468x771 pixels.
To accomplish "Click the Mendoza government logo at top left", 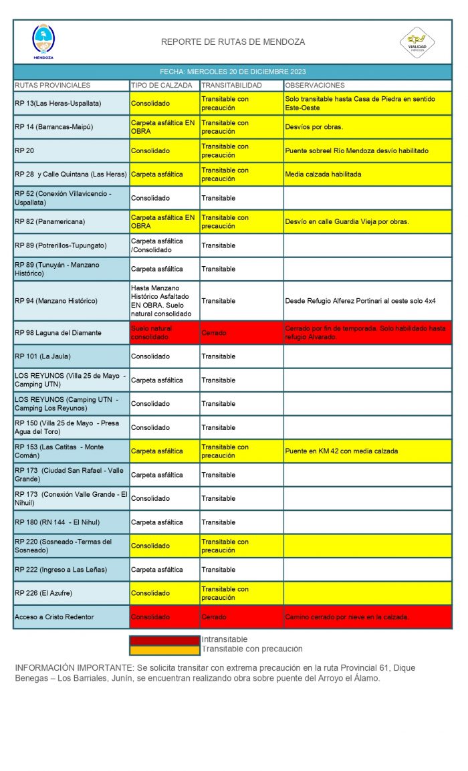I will [43, 41].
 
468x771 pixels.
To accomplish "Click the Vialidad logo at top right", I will [417, 41].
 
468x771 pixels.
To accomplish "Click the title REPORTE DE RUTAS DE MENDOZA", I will [233, 42].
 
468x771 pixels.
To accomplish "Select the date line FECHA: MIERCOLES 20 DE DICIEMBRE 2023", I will [233, 72].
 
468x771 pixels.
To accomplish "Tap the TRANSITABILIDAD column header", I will [232, 86].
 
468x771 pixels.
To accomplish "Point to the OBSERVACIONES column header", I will [314, 86].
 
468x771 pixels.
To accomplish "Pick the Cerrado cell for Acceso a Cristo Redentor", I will [214, 617].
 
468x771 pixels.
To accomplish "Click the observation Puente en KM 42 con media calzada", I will [341, 451].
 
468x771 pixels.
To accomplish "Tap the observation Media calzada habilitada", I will [323, 175].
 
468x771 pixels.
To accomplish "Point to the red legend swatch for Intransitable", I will [164, 640].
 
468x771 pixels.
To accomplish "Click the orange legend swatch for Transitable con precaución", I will [164, 649].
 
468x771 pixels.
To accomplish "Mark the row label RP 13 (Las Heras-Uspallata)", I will [57, 104].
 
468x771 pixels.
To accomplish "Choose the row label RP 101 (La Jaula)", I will [43, 356].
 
